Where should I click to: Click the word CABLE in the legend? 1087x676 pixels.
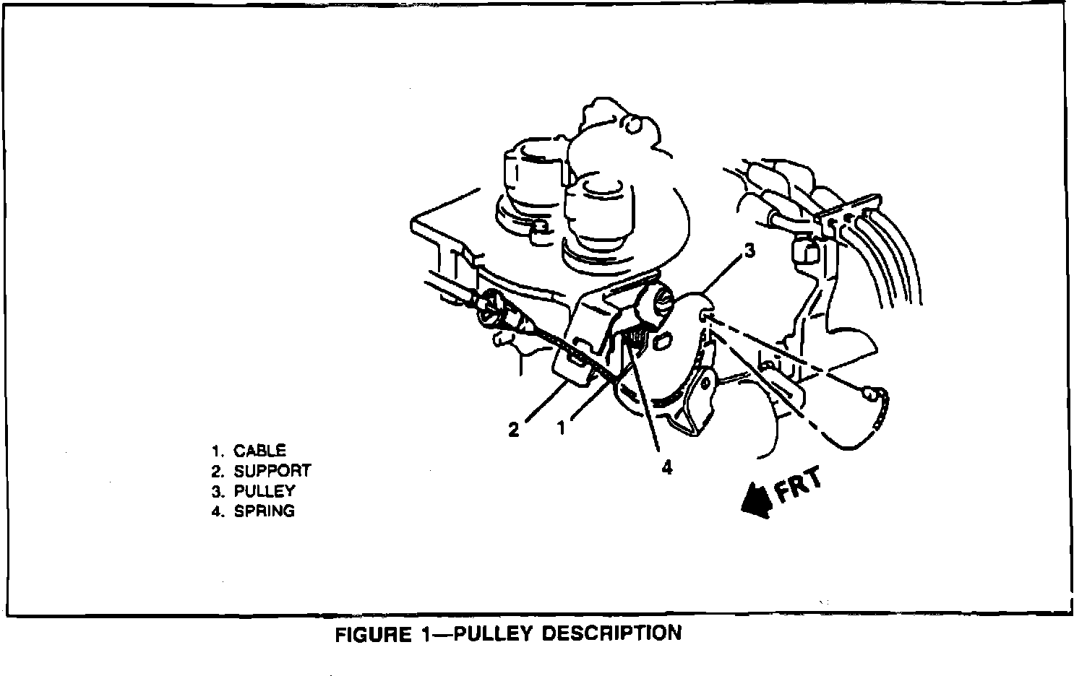point(260,451)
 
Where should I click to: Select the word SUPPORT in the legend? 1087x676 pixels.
point(272,471)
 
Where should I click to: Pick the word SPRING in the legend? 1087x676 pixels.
point(265,511)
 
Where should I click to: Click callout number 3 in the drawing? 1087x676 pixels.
point(749,251)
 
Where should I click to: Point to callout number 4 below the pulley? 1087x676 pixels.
point(666,467)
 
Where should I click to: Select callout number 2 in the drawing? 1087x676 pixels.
point(513,430)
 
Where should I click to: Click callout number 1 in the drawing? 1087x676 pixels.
point(561,428)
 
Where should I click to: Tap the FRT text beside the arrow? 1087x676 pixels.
point(798,486)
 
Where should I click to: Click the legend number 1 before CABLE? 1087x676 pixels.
point(216,451)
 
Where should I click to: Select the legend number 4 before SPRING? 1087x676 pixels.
point(216,512)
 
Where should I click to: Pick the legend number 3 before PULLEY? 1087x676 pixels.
point(216,492)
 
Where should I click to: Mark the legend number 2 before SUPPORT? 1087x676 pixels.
point(216,472)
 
